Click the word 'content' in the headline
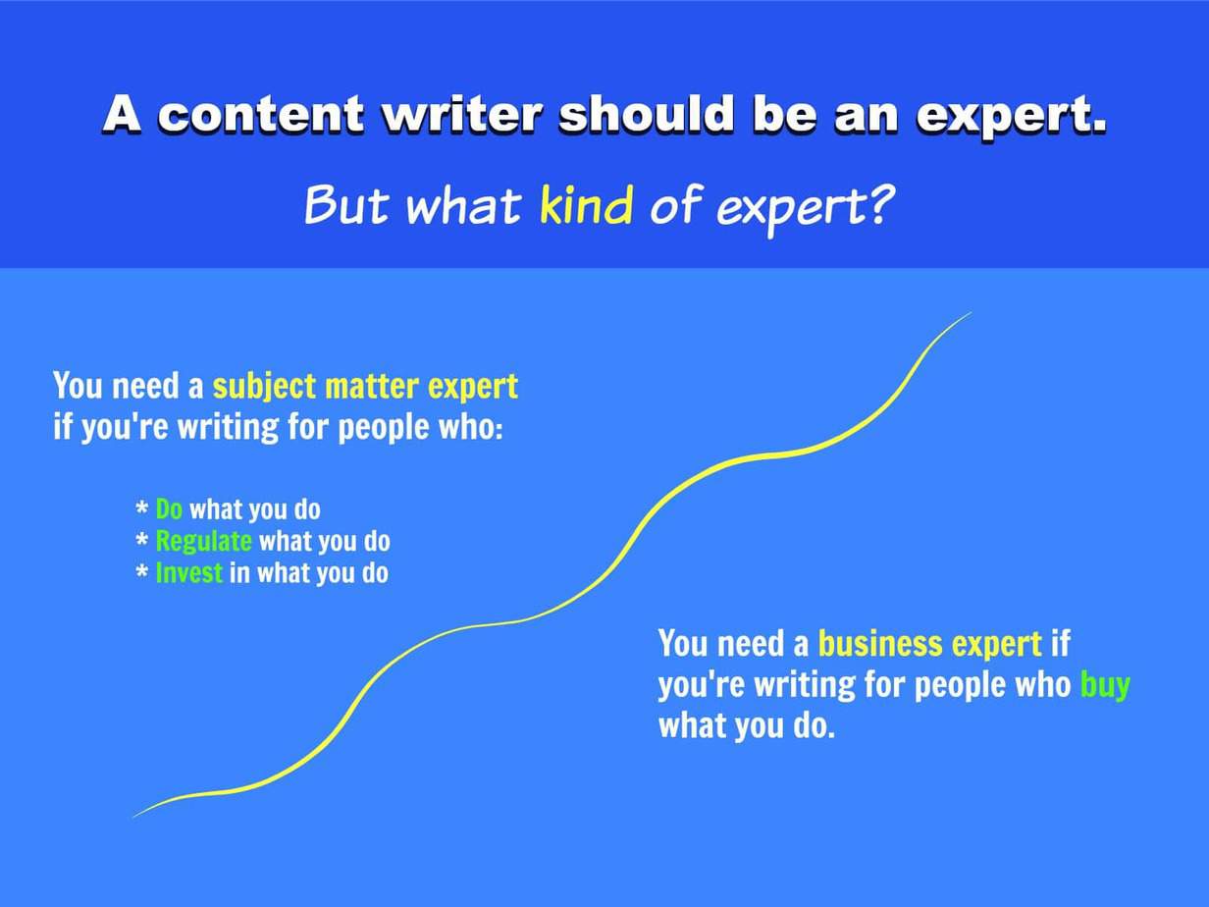click(x=261, y=115)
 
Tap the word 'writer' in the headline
click(x=461, y=114)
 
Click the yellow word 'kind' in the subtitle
click(x=586, y=204)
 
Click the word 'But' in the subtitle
click(x=345, y=204)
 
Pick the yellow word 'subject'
click(x=264, y=387)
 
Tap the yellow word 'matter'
click(x=372, y=387)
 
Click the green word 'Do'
click(x=169, y=508)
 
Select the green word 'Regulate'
click(x=204, y=542)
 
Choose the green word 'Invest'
click(x=189, y=572)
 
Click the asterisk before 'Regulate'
click(x=141, y=539)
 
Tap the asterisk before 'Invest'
click(x=141, y=570)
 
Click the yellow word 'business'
click(x=880, y=644)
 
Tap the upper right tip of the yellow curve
click(x=972, y=313)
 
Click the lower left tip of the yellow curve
click(x=133, y=818)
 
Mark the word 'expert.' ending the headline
click(x=1011, y=115)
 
